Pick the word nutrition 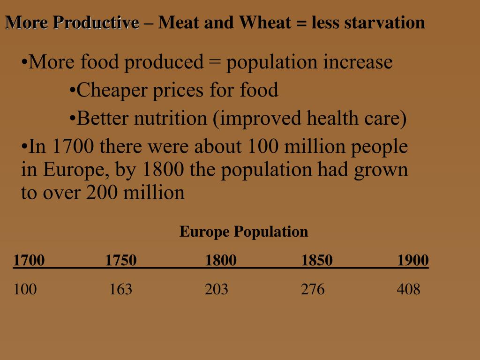click(170, 119)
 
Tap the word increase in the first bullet click(358, 62)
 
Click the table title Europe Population click(244, 232)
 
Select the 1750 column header click(121, 260)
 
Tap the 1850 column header click(317, 260)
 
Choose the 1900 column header click(413, 260)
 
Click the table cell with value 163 click(121, 289)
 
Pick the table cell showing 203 click(217, 289)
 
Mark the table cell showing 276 click(313, 289)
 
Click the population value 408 click(409, 289)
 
